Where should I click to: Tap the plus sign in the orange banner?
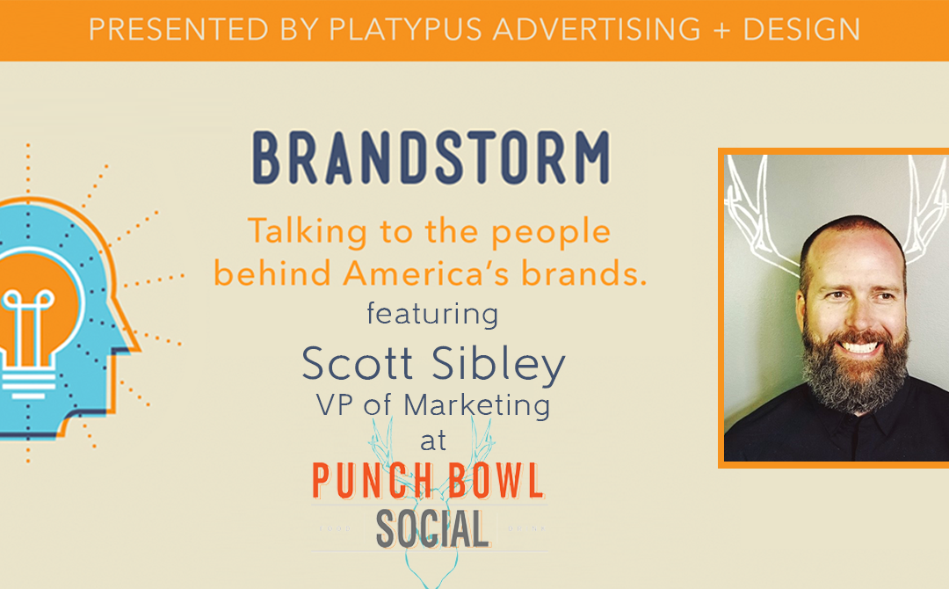point(719,29)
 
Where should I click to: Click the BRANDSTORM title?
point(431,159)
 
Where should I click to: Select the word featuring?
point(432,314)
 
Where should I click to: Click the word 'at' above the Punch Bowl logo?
point(432,440)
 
